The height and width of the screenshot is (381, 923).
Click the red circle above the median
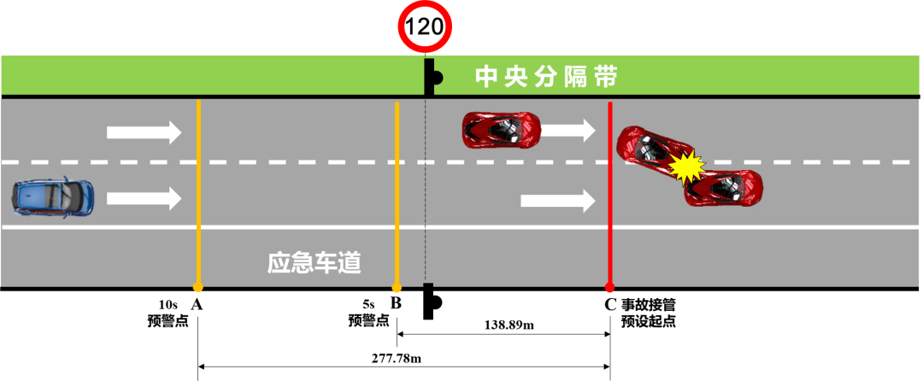pos(425,26)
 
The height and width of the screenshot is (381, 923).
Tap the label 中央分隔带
pos(546,78)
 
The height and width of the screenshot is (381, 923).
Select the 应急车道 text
pos(315,263)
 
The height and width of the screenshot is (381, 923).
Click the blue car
pos(52,196)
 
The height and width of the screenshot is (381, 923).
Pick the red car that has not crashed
pos(502,130)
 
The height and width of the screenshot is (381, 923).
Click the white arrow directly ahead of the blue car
pos(144,199)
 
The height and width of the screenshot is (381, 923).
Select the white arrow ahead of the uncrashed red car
pos(568,130)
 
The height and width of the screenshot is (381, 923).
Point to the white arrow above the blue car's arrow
pos(144,132)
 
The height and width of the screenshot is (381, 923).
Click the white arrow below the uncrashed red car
pos(557,201)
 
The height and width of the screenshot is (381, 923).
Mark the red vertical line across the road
pos(610,196)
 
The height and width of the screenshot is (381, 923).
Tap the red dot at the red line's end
pos(610,289)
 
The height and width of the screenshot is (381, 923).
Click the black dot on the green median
pos(435,79)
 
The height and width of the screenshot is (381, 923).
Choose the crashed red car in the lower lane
pos(724,189)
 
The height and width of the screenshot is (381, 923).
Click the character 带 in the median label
pos(606,78)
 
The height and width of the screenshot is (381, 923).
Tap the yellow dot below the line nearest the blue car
pos(198,289)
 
